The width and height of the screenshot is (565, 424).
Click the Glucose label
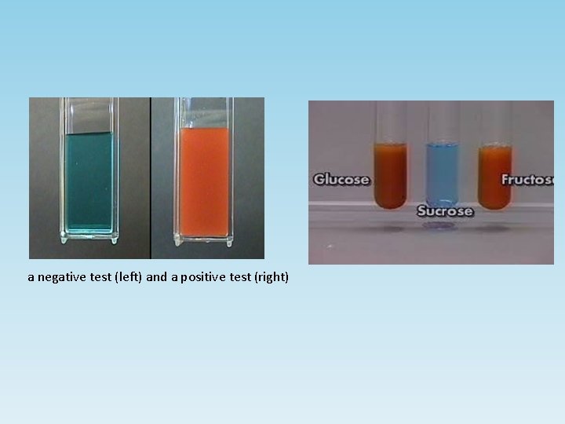(341, 179)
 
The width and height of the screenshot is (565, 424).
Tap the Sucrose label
(445, 210)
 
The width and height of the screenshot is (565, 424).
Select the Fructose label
(528, 179)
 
